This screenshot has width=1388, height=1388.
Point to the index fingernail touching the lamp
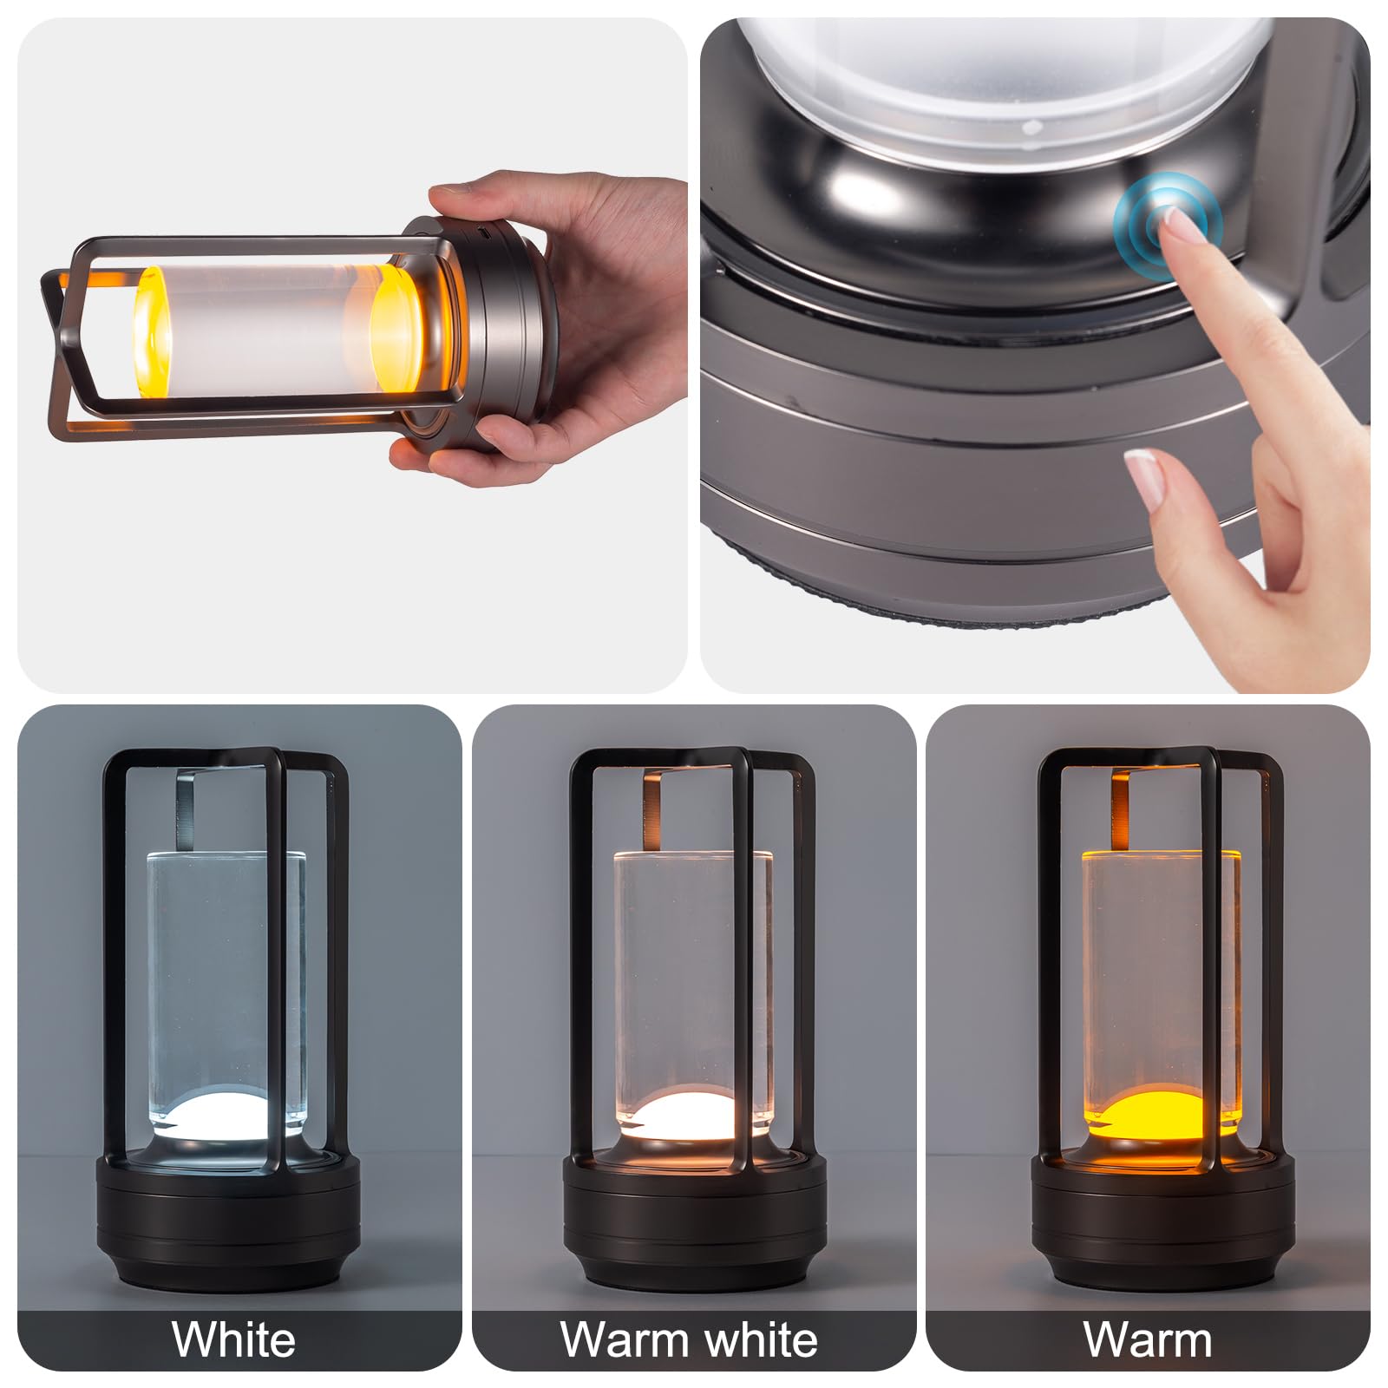point(1183,227)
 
